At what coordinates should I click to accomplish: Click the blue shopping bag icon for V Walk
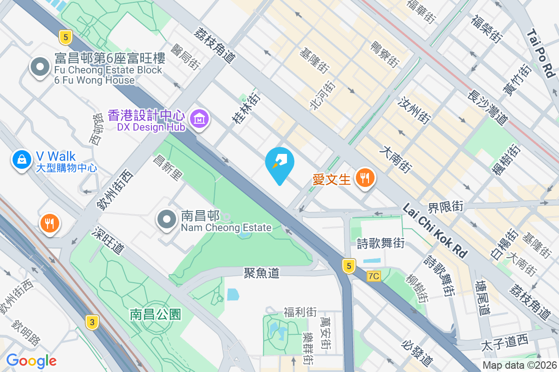(21, 159)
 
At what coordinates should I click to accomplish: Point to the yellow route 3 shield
(92, 322)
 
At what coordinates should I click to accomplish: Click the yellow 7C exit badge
(374, 276)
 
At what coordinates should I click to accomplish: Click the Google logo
(31, 360)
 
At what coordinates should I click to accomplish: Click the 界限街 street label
(446, 206)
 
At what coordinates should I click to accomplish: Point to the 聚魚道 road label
(261, 273)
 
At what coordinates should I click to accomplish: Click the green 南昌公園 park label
(155, 315)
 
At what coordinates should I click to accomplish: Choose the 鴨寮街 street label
(385, 54)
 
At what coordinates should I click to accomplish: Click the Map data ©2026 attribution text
(520, 365)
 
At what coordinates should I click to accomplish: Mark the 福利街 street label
(300, 312)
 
